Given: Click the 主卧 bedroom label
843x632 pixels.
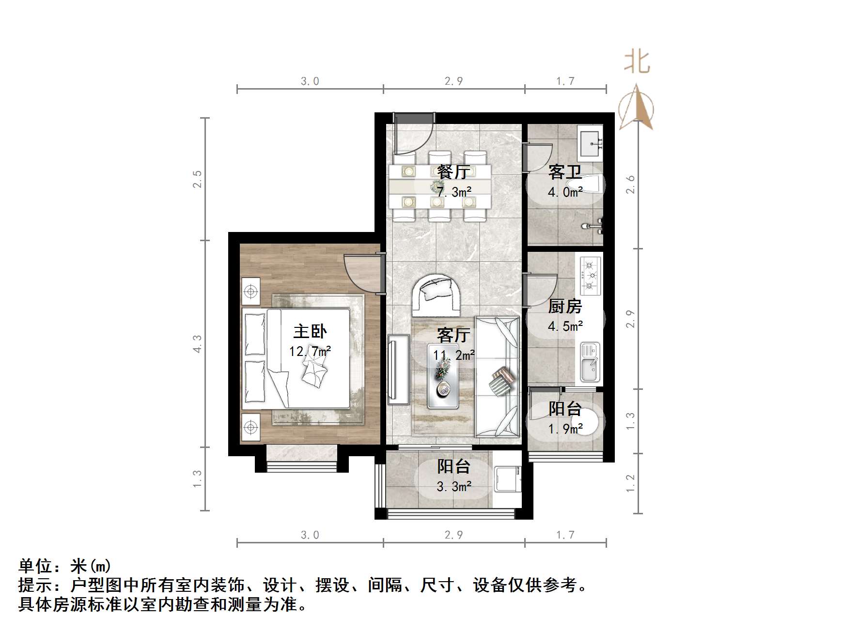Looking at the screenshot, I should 310,332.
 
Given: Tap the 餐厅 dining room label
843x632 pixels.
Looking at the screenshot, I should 453,172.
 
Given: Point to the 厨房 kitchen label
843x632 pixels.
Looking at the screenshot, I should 565,307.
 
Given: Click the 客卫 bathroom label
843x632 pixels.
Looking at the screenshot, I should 565,172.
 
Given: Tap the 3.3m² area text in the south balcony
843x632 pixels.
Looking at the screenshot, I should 454,486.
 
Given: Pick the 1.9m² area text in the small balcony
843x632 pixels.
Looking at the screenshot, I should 565,429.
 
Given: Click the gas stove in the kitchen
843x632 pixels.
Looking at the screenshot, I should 590,276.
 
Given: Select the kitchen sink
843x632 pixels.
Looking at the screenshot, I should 590,362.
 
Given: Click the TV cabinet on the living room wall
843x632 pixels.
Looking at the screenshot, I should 398,370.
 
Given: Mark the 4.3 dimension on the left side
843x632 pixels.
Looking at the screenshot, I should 197,343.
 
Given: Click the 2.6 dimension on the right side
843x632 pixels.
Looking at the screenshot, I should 630,185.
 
